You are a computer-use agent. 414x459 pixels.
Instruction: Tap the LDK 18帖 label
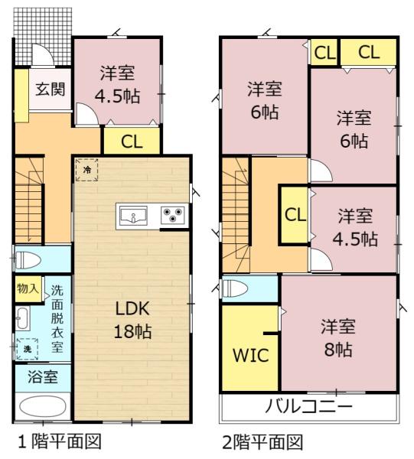[x=132, y=320]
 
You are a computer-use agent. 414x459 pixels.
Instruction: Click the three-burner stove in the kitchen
[x=173, y=216]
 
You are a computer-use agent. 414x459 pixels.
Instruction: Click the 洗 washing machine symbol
[x=28, y=349]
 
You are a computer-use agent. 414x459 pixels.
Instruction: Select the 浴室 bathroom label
[x=43, y=376]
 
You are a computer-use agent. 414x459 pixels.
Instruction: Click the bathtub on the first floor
[x=43, y=406]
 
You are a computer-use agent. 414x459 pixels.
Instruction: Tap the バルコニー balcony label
[x=308, y=405]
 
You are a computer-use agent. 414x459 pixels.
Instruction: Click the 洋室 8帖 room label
[x=338, y=337]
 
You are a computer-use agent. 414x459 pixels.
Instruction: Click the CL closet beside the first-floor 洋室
[x=131, y=141]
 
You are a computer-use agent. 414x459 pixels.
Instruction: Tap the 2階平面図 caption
[x=262, y=441]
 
